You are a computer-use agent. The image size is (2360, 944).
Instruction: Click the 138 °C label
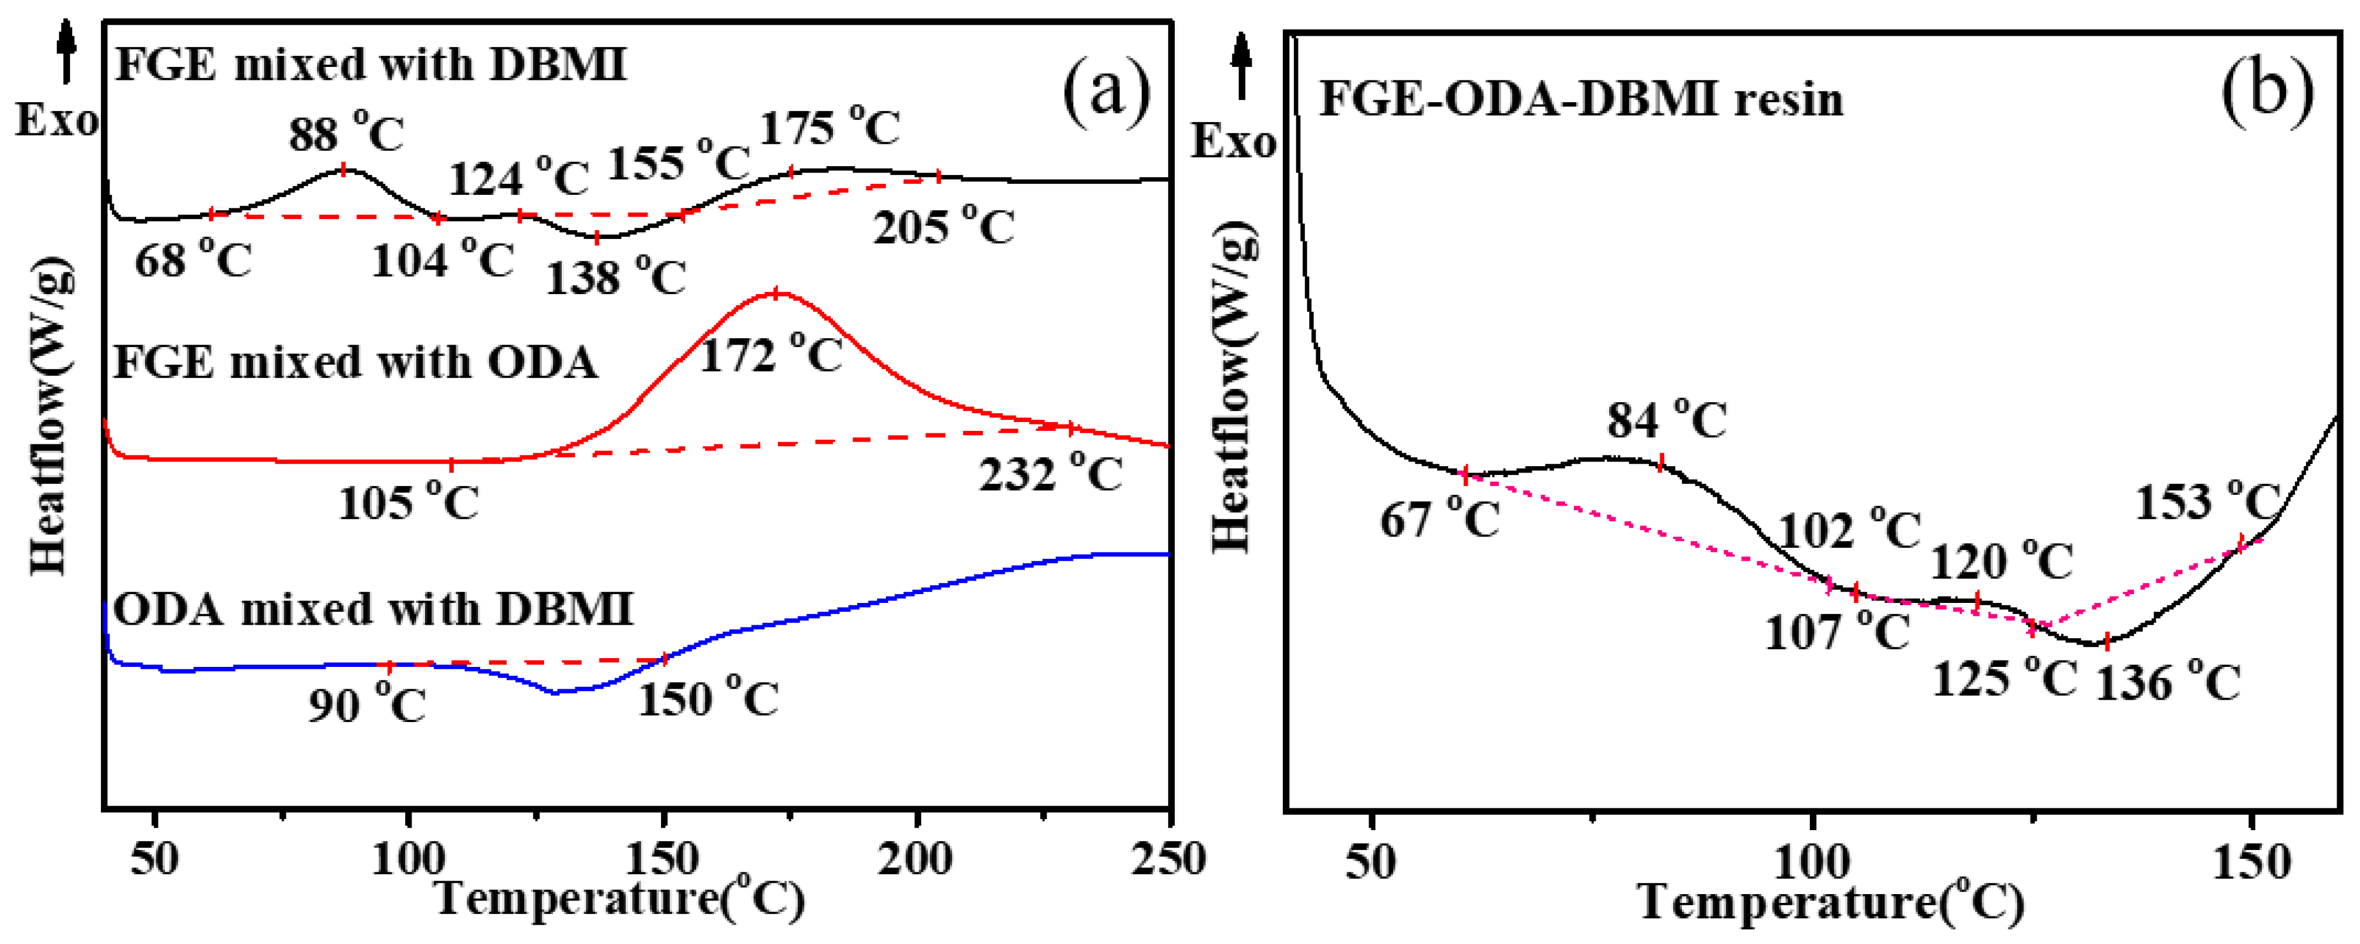tap(616, 277)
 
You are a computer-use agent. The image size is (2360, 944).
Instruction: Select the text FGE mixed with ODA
tap(355, 363)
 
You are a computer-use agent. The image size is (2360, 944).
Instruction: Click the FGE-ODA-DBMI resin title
tap(1580, 99)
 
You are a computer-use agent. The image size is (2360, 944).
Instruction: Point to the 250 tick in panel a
tap(1168, 859)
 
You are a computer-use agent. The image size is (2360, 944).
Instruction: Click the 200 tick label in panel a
tap(914, 859)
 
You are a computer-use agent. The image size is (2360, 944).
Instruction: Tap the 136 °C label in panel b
tap(2167, 683)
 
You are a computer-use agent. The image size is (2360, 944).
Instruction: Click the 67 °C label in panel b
tap(1439, 520)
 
